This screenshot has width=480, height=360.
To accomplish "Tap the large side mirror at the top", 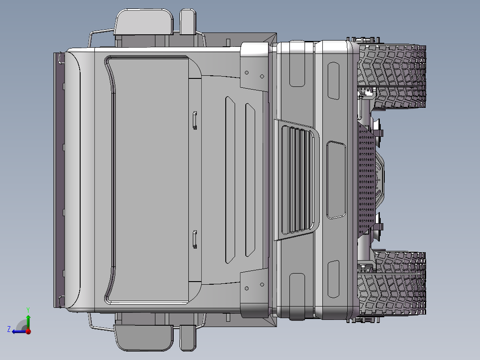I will point(143,23).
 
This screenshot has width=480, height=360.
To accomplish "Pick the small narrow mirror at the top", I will point(187,22).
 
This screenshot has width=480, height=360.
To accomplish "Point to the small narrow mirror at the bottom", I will point(187,338).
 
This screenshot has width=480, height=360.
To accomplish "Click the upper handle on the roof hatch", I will point(195,120).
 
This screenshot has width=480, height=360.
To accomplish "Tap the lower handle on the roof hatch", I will point(195,239).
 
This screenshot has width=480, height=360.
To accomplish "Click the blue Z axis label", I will point(9,329).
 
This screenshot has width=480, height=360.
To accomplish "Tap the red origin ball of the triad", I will point(28,331).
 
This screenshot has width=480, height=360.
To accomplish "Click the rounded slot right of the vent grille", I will point(336,180).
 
